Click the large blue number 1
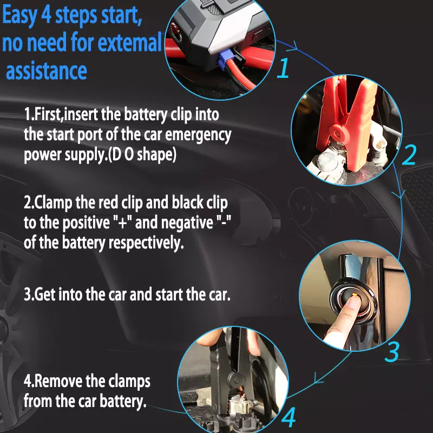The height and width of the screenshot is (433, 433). point(284,69)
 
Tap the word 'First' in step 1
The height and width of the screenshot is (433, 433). point(47,115)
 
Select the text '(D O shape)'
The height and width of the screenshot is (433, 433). point(142,155)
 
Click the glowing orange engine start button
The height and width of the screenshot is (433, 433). point(352,296)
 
